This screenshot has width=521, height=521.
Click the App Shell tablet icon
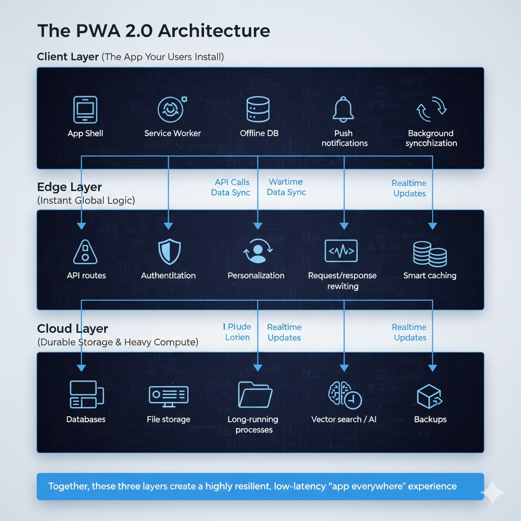pyautogui.click(x=85, y=109)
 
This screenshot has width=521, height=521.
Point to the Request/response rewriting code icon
pyautogui.click(x=341, y=251)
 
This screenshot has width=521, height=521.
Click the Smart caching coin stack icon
pyautogui.click(x=430, y=253)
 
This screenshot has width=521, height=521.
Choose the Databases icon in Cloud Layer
pyautogui.click(x=85, y=395)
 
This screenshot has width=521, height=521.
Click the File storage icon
pyautogui.click(x=168, y=395)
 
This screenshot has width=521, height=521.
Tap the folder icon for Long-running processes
pyautogui.click(x=255, y=394)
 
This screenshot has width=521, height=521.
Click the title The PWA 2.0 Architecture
pyautogui.click(x=153, y=31)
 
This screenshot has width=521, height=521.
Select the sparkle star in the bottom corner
pyautogui.click(x=493, y=492)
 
